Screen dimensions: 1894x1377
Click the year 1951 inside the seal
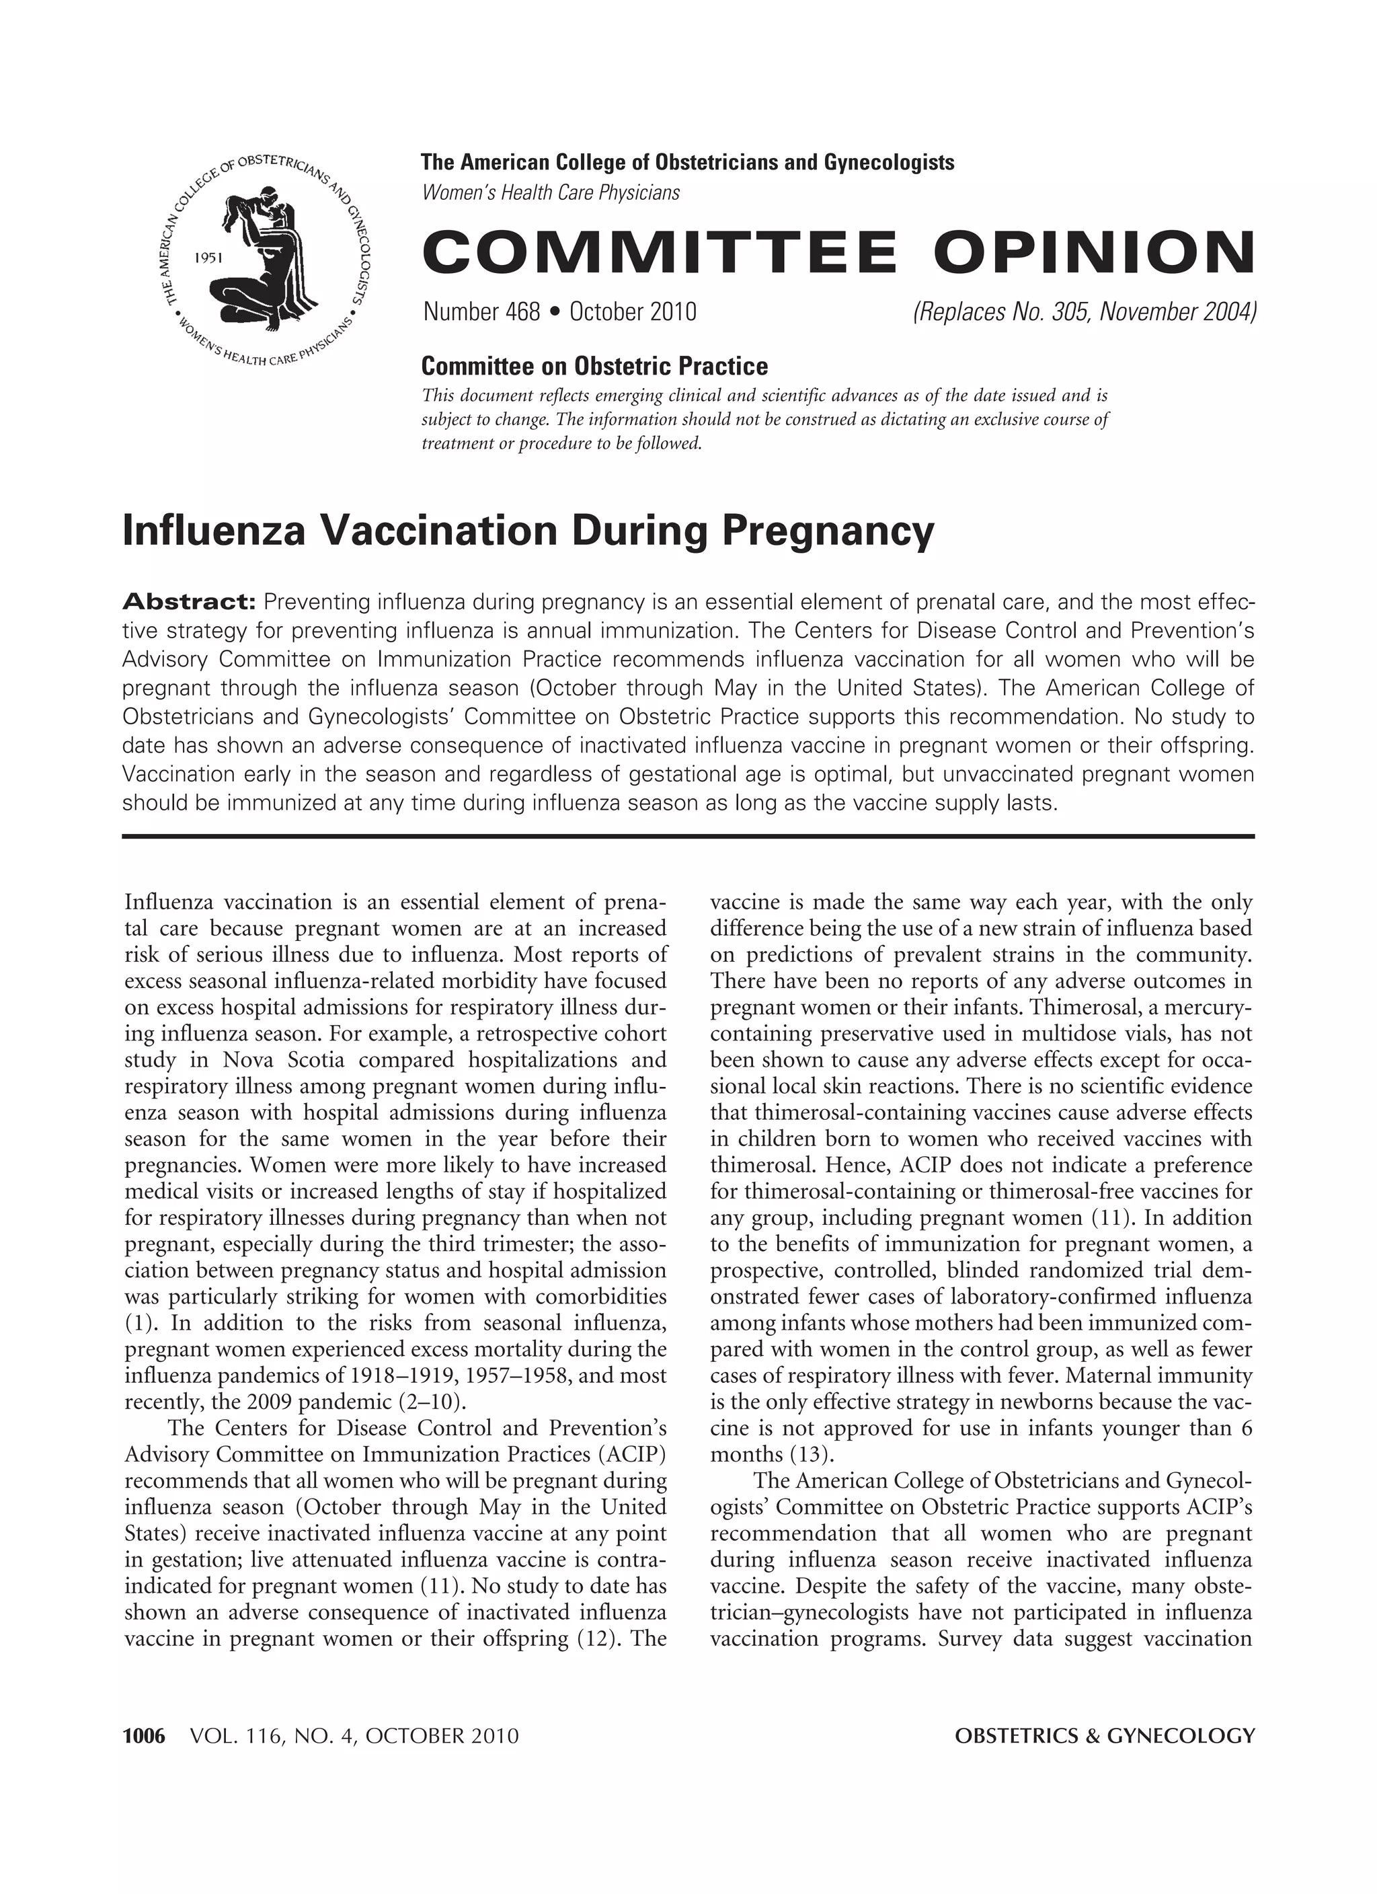click(x=206, y=258)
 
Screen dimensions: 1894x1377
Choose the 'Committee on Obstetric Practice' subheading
click(x=594, y=366)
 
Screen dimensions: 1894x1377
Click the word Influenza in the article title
click(x=214, y=531)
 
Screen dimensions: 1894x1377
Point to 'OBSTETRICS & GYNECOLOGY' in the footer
click(x=1104, y=1737)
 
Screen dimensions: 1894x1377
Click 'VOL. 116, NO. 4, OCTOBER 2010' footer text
click(x=354, y=1737)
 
